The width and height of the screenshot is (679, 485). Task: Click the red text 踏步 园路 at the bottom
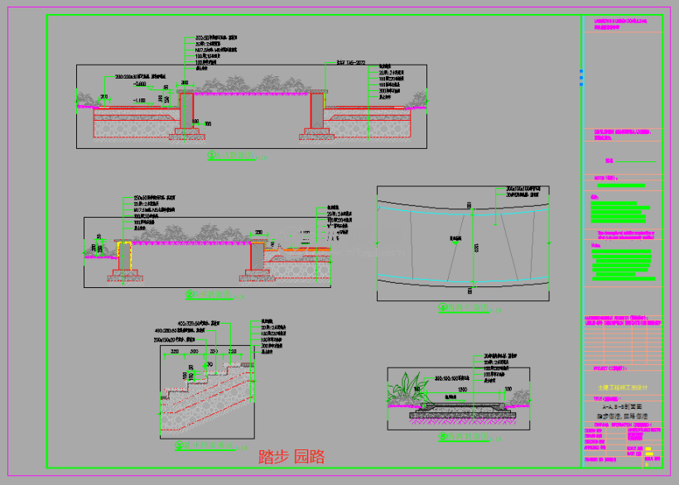[x=291, y=457]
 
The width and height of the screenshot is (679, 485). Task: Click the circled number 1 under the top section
[x=213, y=155]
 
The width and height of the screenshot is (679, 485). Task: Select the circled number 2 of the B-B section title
[x=190, y=294]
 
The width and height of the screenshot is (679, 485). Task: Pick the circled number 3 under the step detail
[x=180, y=445]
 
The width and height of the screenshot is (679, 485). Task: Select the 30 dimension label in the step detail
[x=209, y=363]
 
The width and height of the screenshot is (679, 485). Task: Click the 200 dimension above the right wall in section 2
[x=258, y=233]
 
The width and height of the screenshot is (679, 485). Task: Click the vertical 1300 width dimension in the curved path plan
[x=476, y=247]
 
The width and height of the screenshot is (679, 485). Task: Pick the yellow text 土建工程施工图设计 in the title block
[x=624, y=387]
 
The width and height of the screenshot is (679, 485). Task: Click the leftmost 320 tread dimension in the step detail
[x=175, y=352]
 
